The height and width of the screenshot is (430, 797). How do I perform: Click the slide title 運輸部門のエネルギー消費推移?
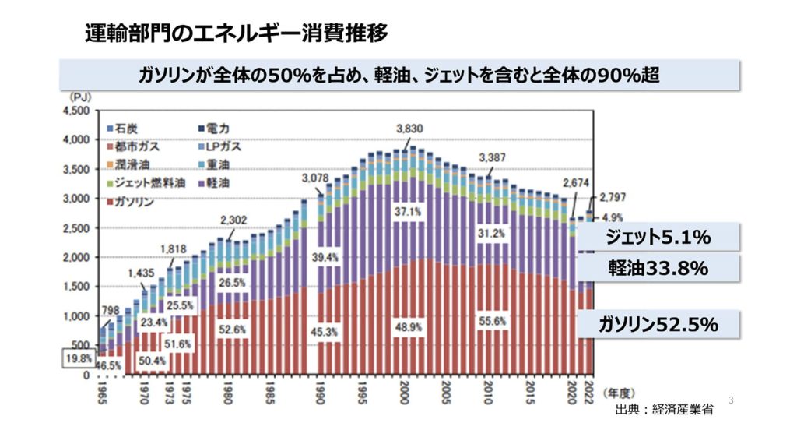pyautogui.click(x=237, y=33)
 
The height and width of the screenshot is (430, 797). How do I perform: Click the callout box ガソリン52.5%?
pyautogui.click(x=658, y=325)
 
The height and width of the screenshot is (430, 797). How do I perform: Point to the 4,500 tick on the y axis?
pyautogui.click(x=79, y=111)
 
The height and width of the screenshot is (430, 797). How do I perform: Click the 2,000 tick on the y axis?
pyautogui.click(x=79, y=257)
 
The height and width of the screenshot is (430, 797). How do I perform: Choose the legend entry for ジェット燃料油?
pyautogui.click(x=146, y=183)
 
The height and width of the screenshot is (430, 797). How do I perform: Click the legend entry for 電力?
pyautogui.click(x=213, y=128)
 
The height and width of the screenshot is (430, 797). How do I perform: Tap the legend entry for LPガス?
pyautogui.click(x=219, y=146)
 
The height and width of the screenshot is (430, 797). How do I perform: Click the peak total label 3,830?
pyautogui.click(x=409, y=129)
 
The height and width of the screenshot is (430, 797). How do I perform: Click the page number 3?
pyautogui.click(x=731, y=400)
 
